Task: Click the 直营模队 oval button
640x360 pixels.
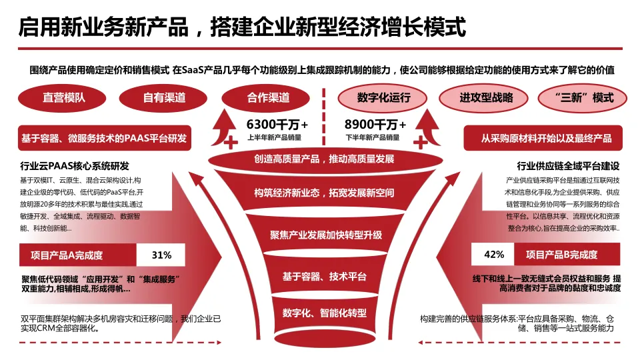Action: [x=64, y=97]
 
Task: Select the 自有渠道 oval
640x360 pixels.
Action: [x=164, y=97]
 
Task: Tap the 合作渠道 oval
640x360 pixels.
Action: [x=268, y=97]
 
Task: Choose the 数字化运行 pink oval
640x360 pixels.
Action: [x=383, y=97]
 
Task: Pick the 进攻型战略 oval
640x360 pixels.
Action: [x=486, y=97]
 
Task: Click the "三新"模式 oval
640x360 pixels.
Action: [x=585, y=97]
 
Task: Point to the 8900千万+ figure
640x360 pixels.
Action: [x=375, y=124]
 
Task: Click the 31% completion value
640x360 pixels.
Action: [x=161, y=255]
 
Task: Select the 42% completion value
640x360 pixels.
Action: [x=494, y=255]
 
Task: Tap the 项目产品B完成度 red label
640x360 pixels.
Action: [x=561, y=255]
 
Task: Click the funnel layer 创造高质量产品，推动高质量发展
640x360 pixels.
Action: [x=324, y=159]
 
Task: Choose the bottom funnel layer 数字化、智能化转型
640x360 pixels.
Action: [x=325, y=312]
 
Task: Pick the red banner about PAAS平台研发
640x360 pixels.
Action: [x=104, y=139]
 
